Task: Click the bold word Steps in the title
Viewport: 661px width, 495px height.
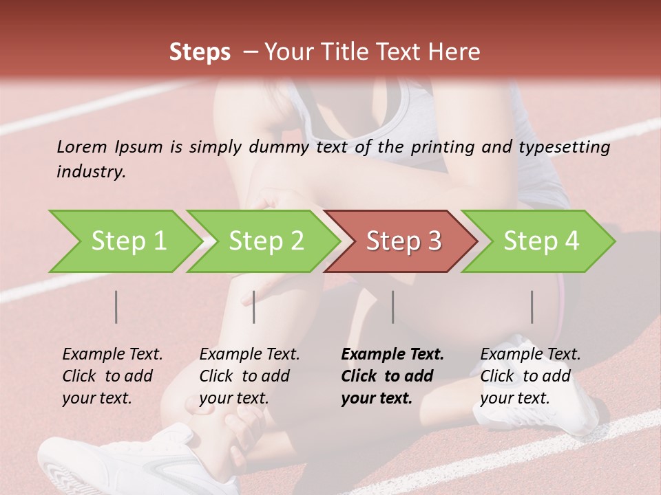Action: (200, 52)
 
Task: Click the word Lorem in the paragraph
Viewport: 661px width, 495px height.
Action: (82, 146)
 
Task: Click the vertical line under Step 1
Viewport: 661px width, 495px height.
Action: (116, 307)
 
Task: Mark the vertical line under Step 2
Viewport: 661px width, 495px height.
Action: (254, 307)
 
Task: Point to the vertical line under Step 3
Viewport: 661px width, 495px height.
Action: (392, 307)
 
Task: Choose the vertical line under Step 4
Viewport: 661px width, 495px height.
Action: (532, 307)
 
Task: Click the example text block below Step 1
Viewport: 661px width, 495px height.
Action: (112, 376)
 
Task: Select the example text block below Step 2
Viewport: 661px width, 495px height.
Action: (249, 376)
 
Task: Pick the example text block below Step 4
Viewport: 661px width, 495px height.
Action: (530, 376)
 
